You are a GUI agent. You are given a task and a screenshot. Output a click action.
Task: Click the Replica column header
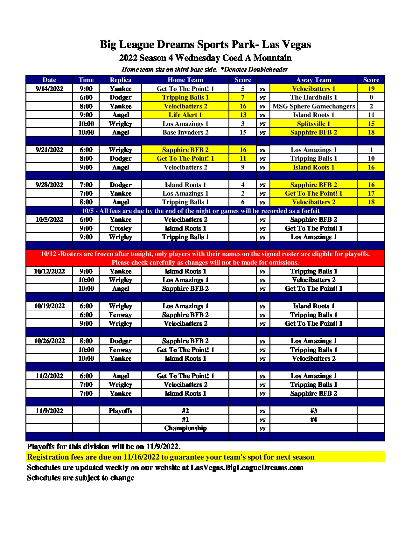coord(120,80)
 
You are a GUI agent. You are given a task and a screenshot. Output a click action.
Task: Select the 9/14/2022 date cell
coord(49,89)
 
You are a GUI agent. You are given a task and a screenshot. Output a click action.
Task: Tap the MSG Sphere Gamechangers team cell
coord(313,106)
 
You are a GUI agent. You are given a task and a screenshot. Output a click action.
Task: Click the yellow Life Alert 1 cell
coord(185,115)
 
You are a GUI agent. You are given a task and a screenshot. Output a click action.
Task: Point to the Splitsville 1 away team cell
coord(313,124)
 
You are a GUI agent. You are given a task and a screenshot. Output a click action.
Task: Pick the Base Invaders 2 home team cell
coord(185,132)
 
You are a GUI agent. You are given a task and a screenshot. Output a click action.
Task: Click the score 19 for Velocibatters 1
coord(371,89)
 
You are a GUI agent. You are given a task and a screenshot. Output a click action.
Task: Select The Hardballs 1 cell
coord(313,97)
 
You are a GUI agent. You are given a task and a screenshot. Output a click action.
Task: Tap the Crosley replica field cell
coord(120,228)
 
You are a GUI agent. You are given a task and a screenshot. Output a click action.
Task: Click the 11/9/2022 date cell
coord(49,411)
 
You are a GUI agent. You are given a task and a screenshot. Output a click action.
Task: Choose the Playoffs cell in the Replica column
coord(120,411)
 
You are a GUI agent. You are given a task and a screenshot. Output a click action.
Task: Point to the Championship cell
coord(185,428)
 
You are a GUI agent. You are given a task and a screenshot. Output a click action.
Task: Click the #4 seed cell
coord(313,419)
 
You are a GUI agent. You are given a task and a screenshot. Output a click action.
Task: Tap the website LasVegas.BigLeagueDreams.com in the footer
coord(247,467)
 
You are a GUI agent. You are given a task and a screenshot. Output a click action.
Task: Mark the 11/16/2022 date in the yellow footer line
coord(141,457)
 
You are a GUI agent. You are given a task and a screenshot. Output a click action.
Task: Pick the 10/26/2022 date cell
coord(49,341)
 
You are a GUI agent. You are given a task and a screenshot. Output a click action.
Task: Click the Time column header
coord(86,80)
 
